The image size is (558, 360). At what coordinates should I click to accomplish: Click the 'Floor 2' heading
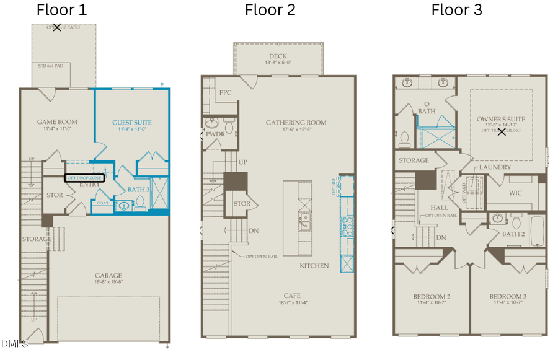click(x=270, y=10)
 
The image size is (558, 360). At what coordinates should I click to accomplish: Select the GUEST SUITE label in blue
click(x=131, y=123)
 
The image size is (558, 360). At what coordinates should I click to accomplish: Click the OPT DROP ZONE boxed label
click(x=86, y=177)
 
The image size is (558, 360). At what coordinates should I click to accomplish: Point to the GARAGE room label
click(x=108, y=276)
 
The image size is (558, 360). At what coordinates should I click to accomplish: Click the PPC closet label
click(x=225, y=93)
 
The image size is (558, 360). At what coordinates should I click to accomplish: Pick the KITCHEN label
click(x=314, y=265)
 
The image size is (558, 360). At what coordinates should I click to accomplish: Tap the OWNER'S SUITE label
click(x=501, y=119)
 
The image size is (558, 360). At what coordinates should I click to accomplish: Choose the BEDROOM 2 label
click(x=432, y=297)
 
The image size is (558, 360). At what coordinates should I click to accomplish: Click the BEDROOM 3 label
click(x=507, y=297)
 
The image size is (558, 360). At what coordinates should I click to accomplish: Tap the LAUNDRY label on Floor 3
click(x=495, y=167)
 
